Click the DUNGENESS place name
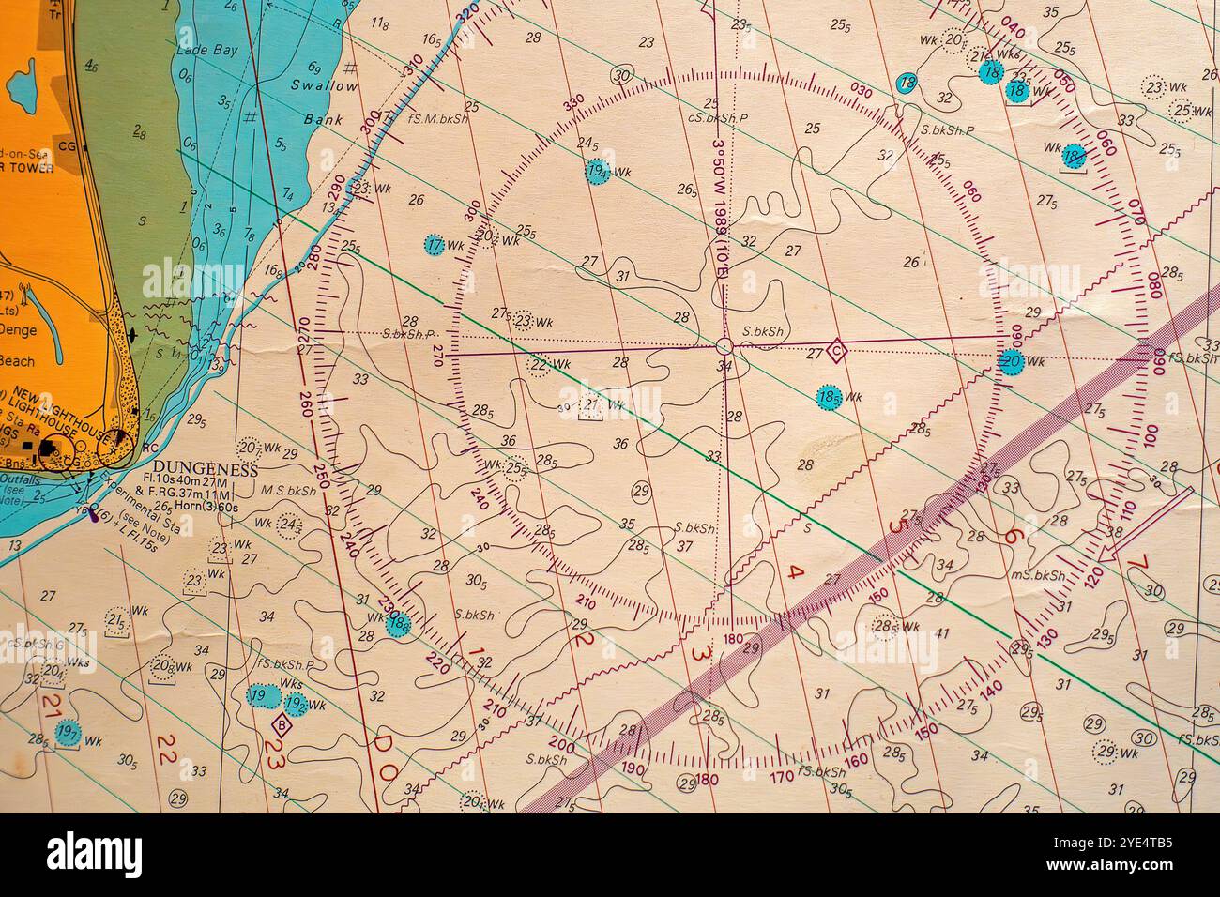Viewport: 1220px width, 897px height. (x=205, y=469)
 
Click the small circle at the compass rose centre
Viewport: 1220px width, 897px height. (x=723, y=345)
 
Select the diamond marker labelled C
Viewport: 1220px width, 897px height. (x=838, y=352)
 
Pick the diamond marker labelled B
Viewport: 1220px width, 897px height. (x=281, y=723)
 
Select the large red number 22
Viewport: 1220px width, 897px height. (x=167, y=747)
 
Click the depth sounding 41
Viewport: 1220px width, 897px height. (x=942, y=632)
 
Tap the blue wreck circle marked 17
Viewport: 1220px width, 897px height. (x=434, y=245)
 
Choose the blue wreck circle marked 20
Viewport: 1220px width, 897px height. (x=1010, y=361)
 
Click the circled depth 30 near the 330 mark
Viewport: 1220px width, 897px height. (x=621, y=75)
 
